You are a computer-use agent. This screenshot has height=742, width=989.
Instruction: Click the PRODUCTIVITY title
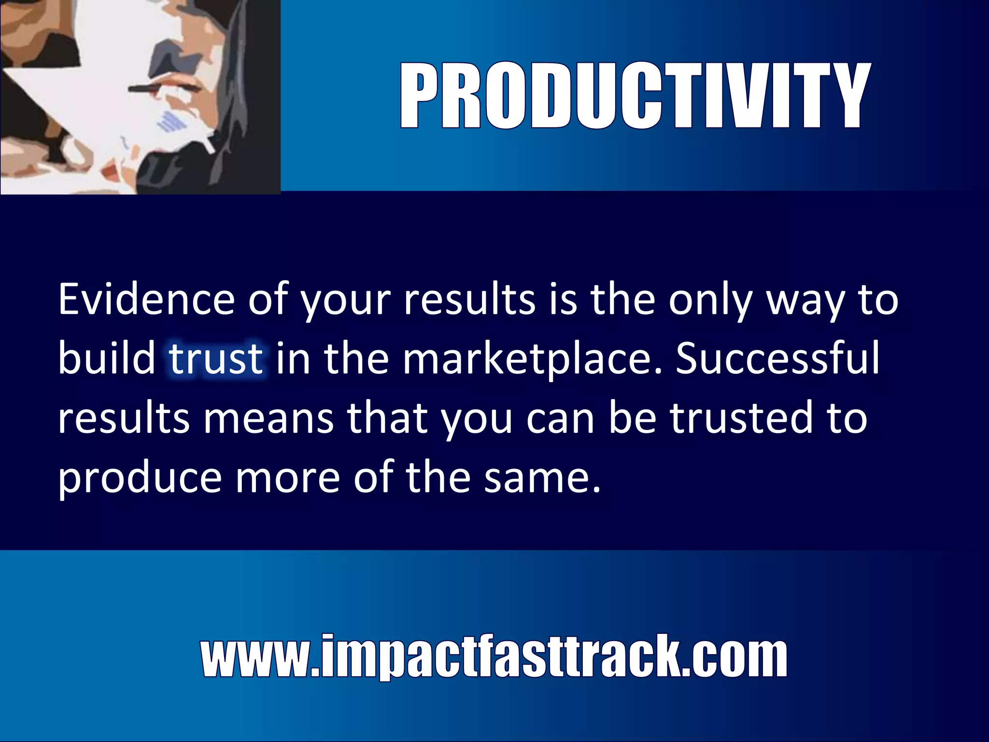(635, 96)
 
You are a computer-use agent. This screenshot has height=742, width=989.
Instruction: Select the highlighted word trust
(216, 358)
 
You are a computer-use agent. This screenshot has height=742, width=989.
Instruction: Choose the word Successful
(778, 358)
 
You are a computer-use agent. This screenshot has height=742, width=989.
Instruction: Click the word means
(268, 418)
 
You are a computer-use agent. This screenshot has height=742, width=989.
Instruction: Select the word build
(107, 358)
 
